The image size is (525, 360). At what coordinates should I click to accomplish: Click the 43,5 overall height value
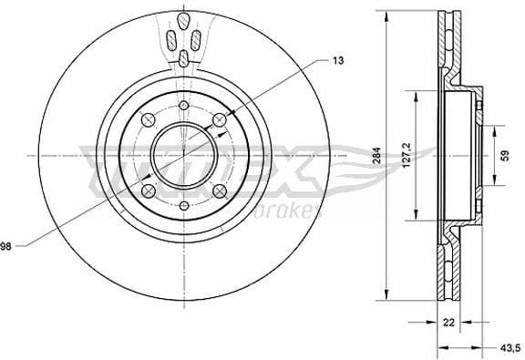click(510, 346)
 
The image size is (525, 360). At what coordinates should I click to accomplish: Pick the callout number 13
click(338, 61)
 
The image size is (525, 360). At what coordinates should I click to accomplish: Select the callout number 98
click(6, 244)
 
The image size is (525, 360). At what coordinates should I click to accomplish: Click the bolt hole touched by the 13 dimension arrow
click(219, 120)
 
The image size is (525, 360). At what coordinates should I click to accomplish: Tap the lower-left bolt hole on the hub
click(147, 190)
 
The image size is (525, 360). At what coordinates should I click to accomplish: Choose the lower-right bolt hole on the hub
click(220, 190)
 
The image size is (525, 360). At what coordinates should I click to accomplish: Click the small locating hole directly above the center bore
click(183, 107)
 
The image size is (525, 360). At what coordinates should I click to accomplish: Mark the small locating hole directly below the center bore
click(183, 206)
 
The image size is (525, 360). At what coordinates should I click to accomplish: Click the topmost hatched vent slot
click(183, 18)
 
